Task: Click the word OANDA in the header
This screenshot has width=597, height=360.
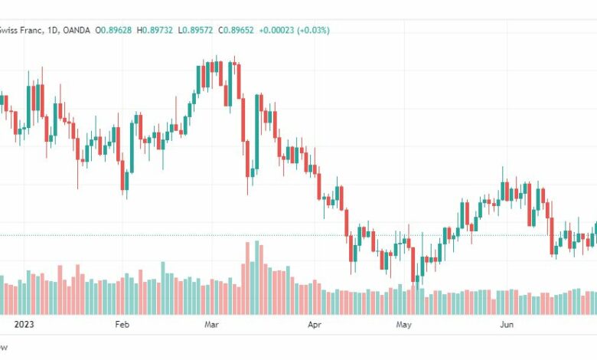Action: (76, 30)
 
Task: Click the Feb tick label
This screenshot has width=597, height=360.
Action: (122, 325)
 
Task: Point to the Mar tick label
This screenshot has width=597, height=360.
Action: (212, 325)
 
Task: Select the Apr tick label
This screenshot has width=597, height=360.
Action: (314, 325)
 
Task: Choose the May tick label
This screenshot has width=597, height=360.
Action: (404, 325)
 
